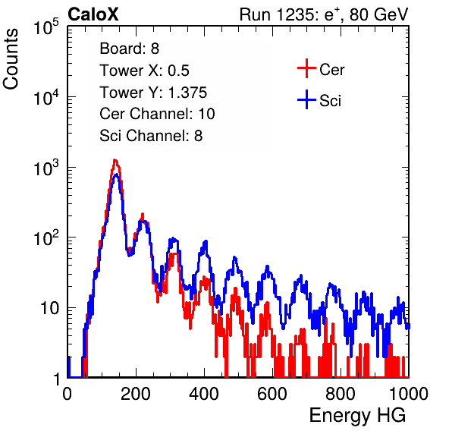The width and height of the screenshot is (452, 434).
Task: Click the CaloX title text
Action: coord(93,14)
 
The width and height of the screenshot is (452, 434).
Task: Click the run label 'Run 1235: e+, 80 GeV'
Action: coord(324,14)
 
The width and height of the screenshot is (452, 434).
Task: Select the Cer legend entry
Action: coord(321,69)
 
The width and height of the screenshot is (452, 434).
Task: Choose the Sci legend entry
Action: coord(319,100)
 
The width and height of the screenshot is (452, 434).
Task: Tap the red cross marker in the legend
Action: coord(306,68)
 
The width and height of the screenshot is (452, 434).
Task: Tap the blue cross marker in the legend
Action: coord(306,100)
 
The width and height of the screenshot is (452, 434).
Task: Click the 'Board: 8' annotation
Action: coord(129,49)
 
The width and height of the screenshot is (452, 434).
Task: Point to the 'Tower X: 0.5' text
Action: coord(144,71)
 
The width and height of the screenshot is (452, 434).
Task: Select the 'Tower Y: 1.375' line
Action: coord(153,93)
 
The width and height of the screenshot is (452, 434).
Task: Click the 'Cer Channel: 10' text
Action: coord(157,114)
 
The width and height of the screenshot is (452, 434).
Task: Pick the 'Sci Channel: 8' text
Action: coord(151,136)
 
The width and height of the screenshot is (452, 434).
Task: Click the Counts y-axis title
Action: coord(11,59)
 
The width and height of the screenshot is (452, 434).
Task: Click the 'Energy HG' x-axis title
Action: coord(357,416)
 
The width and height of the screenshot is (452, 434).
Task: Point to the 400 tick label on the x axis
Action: coord(204,394)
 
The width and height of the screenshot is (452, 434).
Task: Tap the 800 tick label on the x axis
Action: coord(341,394)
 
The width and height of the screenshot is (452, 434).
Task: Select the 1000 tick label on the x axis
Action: coord(409,394)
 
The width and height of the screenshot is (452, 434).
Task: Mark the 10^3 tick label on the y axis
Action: coord(46,168)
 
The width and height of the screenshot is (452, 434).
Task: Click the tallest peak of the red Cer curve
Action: coord(115,160)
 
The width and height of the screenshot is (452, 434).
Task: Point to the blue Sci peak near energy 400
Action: coord(206,241)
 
